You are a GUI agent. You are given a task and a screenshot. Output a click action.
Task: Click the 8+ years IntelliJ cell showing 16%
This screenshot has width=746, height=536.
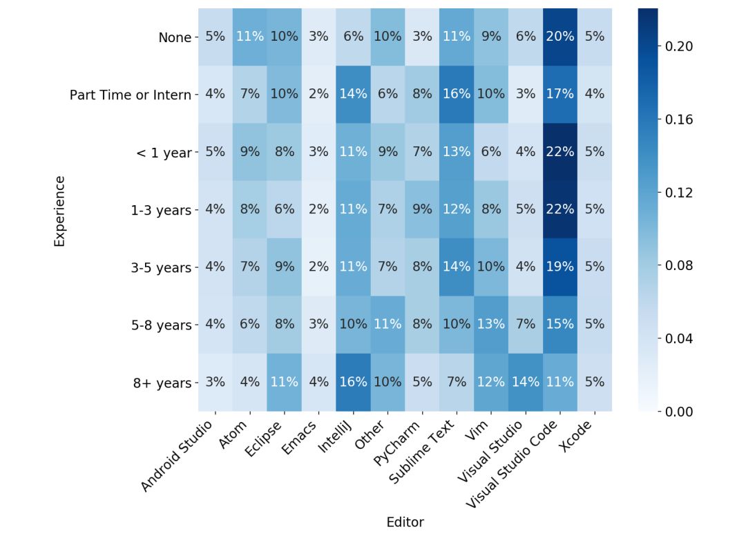pos(353,382)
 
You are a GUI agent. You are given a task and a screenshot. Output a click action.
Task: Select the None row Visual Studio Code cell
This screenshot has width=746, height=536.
pos(560,37)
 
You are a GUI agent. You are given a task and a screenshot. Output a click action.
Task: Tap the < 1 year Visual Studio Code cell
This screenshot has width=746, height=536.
pos(560,152)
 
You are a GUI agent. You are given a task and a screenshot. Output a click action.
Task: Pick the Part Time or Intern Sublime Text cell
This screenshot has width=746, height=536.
pos(457,95)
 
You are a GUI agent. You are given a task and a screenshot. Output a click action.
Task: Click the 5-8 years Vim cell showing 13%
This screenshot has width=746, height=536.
pos(491,324)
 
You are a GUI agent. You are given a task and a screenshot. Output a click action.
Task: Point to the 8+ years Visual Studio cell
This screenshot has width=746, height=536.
pos(526,382)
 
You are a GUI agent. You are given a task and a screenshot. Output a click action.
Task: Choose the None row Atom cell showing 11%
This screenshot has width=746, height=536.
pos(249,37)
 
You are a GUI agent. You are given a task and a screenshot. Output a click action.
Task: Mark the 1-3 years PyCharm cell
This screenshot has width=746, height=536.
pos(422,209)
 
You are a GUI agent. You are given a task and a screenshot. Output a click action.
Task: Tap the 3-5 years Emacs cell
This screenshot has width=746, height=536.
pos(318,267)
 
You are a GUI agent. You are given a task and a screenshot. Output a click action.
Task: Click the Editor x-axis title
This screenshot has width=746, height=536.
pos(405,522)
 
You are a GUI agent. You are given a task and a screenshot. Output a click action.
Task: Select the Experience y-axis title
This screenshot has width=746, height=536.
pos(59,211)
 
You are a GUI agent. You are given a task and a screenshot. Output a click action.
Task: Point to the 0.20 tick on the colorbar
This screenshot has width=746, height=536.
pos(679,46)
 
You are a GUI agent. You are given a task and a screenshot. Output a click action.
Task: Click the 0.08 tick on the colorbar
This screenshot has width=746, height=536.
pos(679,265)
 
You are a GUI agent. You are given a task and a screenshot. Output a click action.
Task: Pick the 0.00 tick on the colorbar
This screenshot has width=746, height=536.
pos(679,412)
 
